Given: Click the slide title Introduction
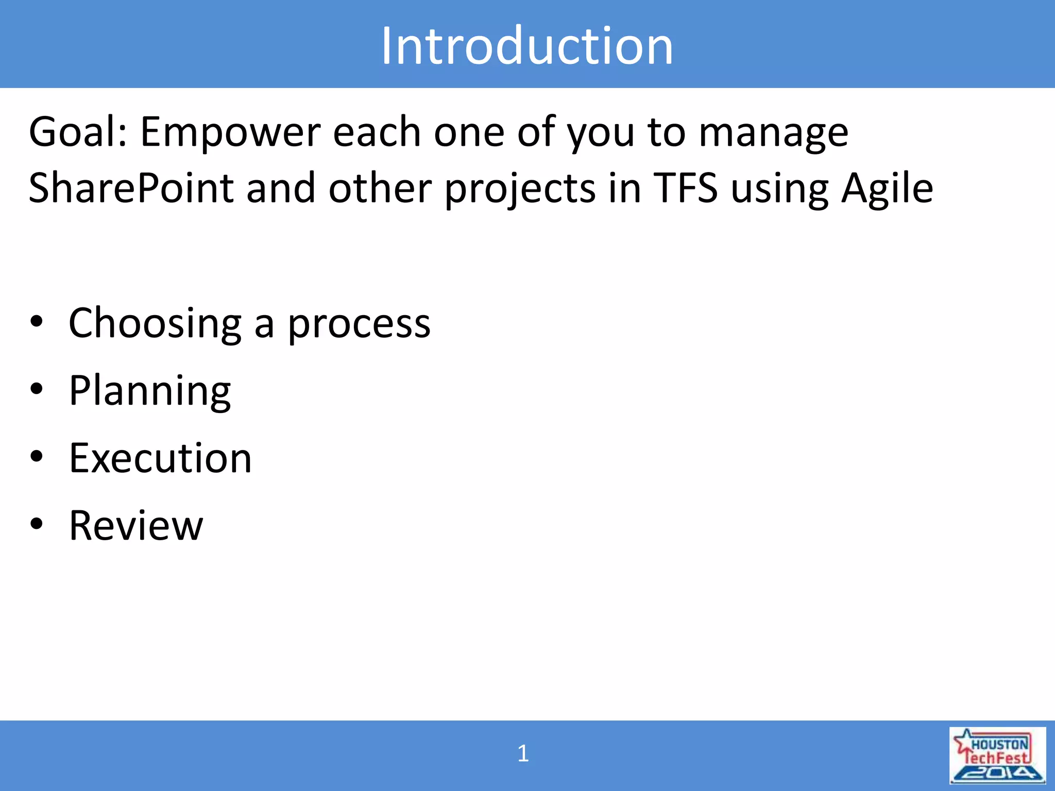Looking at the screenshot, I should click(527, 46).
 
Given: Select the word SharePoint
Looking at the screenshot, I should click(131, 188).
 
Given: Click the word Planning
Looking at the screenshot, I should click(150, 392).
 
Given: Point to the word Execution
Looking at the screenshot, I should click(160, 458).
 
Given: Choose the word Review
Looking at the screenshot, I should click(136, 525).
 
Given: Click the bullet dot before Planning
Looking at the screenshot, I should click(37, 389).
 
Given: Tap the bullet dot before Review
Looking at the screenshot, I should click(37, 524).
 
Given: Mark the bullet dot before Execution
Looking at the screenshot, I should click(37, 456).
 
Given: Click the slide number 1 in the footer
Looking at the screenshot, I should click(523, 754).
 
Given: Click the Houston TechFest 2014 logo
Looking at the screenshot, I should click(997, 755).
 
